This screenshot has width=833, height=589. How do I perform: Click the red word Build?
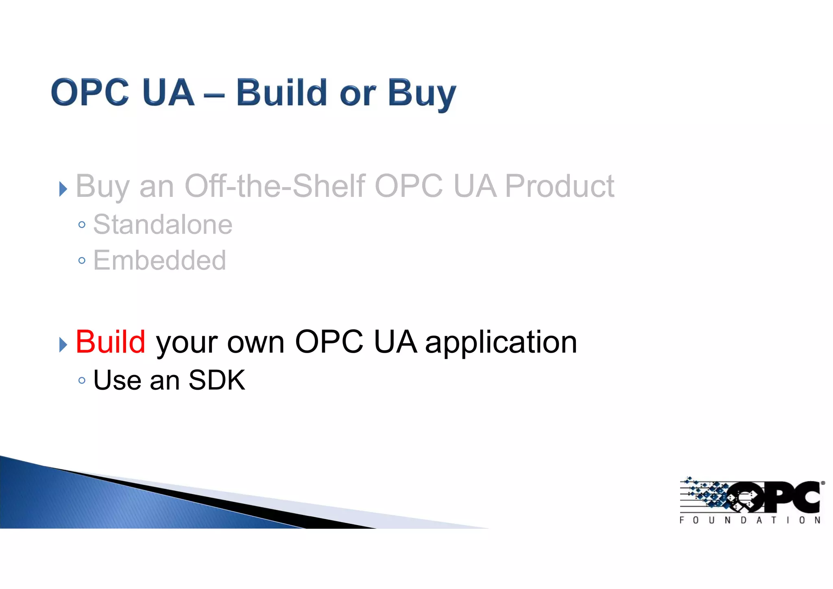[x=110, y=342]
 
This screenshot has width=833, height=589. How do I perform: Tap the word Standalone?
[x=163, y=225]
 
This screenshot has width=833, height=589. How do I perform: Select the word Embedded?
[x=159, y=260]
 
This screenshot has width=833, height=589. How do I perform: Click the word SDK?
[x=217, y=380]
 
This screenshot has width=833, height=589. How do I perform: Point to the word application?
[x=501, y=343]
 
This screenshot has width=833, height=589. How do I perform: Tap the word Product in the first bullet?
[x=559, y=186]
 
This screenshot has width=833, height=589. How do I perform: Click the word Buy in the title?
[x=421, y=94]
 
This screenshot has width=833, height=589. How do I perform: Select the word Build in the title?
[x=281, y=93]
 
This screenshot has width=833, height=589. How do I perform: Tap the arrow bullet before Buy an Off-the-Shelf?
[x=63, y=189]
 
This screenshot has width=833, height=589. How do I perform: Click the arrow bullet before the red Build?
[x=63, y=345]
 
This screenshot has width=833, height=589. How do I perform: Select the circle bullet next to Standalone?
[x=82, y=225]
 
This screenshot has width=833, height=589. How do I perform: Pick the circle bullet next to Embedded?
[x=82, y=261]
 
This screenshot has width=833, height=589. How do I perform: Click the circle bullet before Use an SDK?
[x=82, y=381]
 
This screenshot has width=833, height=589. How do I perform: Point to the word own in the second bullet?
[x=255, y=343]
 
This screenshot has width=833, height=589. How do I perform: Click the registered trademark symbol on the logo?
[x=823, y=483]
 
